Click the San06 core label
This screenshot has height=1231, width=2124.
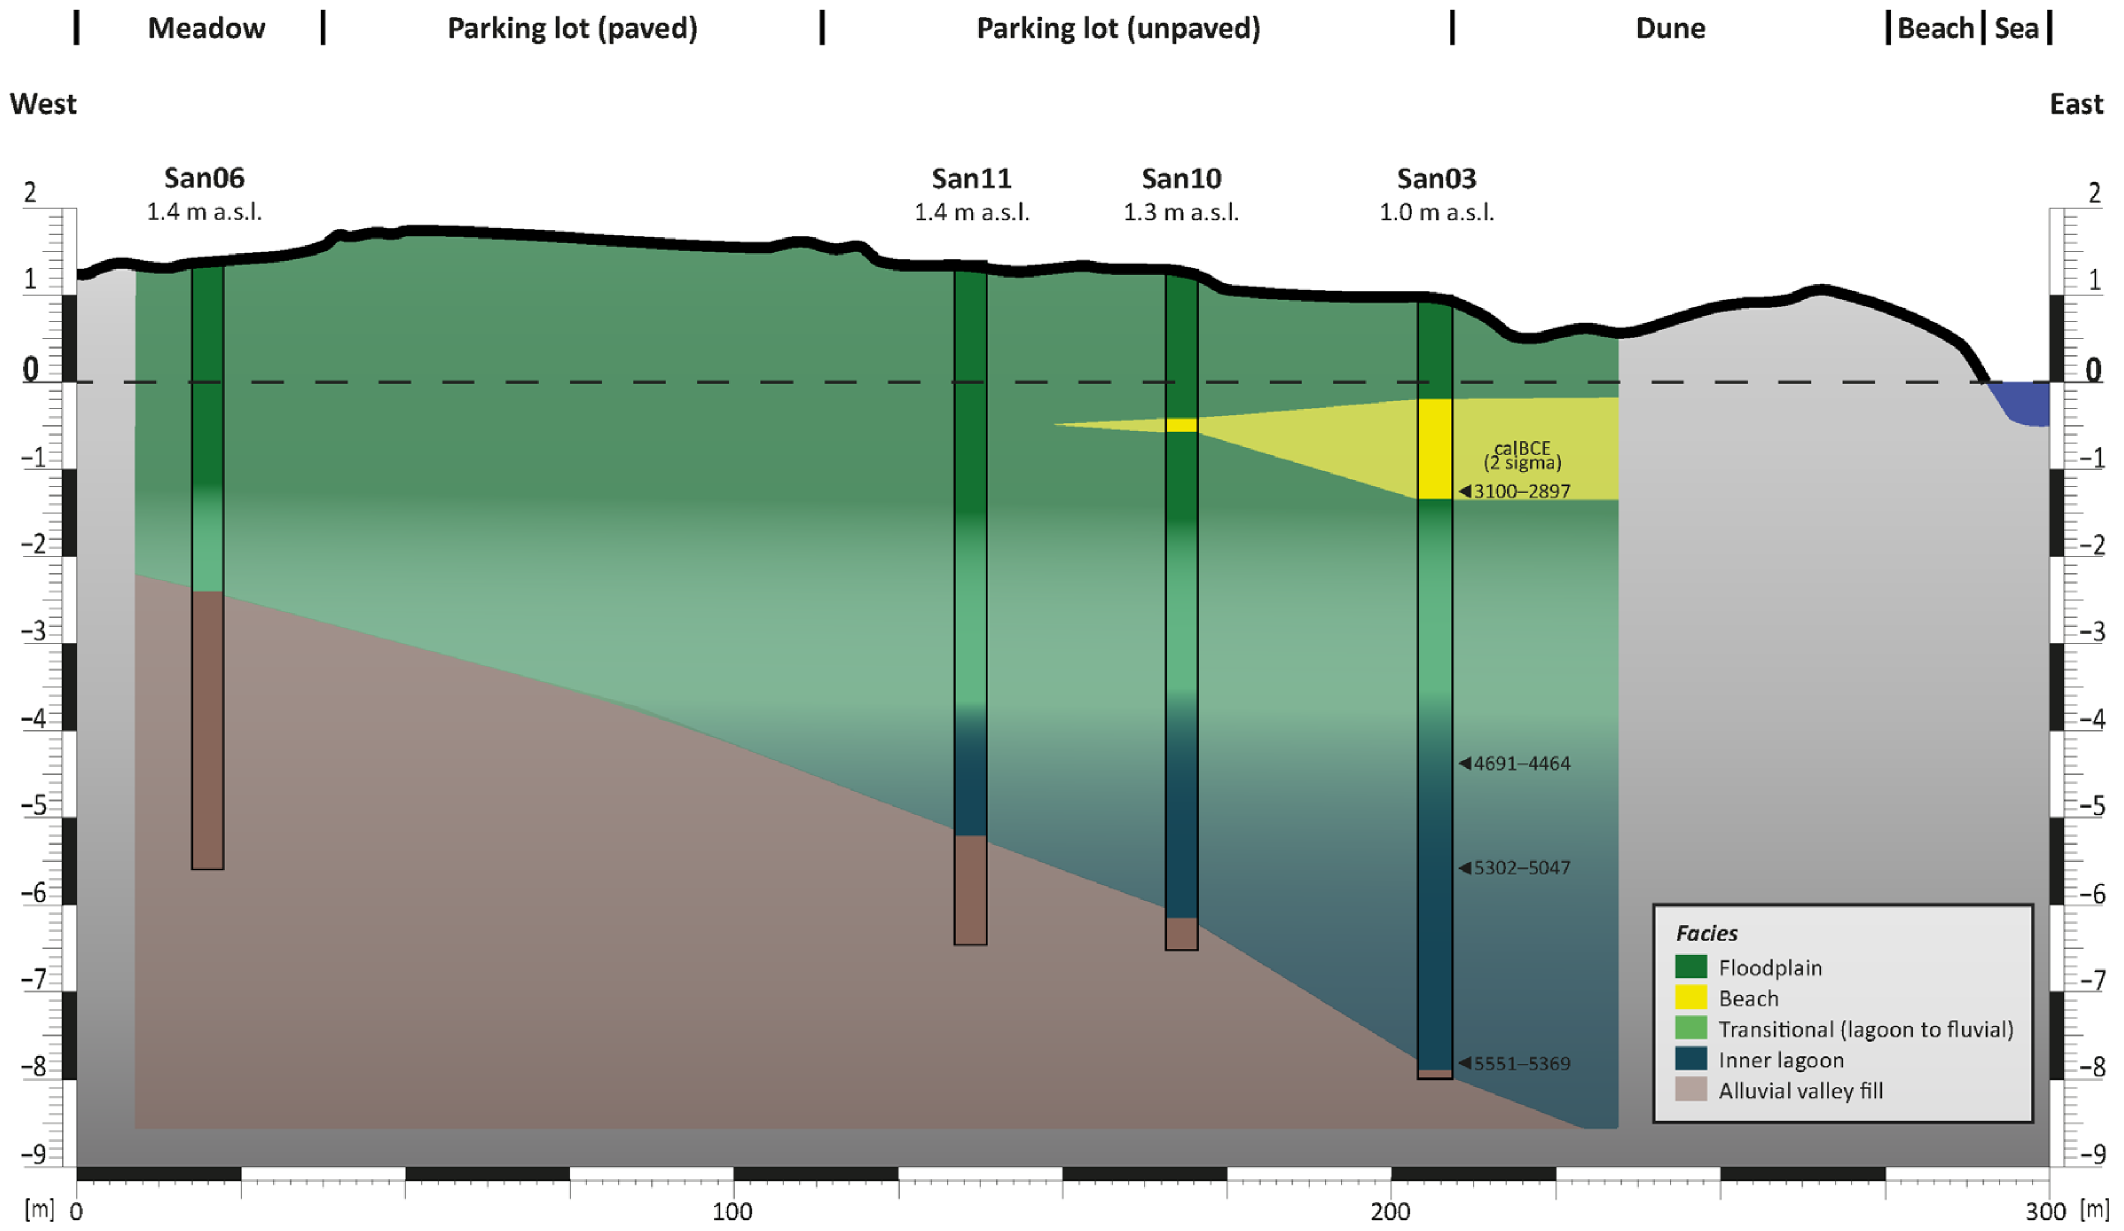click(x=204, y=179)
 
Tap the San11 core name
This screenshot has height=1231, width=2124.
click(x=971, y=179)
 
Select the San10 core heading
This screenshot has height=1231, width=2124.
click(x=1181, y=179)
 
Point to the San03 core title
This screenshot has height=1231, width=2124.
click(x=1436, y=179)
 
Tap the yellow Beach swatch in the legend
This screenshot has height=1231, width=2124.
click(x=1691, y=998)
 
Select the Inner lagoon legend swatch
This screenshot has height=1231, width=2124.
click(x=1691, y=1059)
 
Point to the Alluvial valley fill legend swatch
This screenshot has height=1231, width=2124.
click(x=1691, y=1089)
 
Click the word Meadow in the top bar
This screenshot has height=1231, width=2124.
click(x=206, y=29)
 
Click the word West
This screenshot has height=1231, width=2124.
click(x=43, y=104)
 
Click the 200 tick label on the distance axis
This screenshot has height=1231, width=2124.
click(x=1390, y=1212)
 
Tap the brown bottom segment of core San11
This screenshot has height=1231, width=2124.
click(x=970, y=889)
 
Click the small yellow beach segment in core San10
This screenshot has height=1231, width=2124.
click(x=1181, y=425)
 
